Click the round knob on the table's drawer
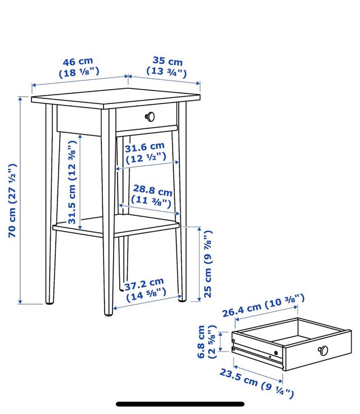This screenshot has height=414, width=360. click(150, 116)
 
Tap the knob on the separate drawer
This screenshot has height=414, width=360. click(323, 350)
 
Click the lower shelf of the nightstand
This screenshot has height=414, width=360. click(116, 225)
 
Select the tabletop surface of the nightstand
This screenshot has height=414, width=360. click(116, 98)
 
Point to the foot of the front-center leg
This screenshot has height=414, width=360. click(109, 314)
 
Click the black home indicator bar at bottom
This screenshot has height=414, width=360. click(180, 404)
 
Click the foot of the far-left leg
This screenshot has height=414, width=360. click(49, 302)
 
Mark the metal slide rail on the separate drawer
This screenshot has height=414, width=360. click(258, 354)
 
